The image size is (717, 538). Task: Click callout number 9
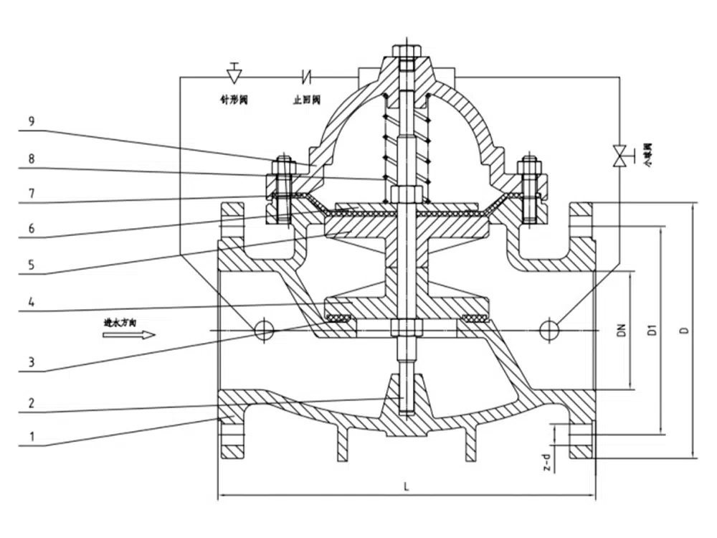coord(31,121)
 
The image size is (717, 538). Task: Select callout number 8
coord(31,157)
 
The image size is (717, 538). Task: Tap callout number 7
coord(31,194)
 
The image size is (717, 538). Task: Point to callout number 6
coord(31,228)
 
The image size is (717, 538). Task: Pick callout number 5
coord(31,263)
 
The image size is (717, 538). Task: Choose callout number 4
coord(31,302)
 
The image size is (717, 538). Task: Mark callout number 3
coord(31,362)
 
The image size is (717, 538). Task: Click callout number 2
coord(31,403)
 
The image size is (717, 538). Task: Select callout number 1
coord(31,435)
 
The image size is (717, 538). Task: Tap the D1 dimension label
coord(652,330)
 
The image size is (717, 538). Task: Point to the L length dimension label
coord(406,486)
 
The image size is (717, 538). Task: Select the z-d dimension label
coord(546,463)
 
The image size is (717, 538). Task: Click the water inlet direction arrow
coord(129,334)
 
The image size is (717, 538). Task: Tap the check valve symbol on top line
coord(308,75)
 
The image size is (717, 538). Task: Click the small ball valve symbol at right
coord(618,156)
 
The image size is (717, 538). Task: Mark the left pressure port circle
coord(264,329)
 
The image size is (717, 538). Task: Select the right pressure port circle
coord(550,329)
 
